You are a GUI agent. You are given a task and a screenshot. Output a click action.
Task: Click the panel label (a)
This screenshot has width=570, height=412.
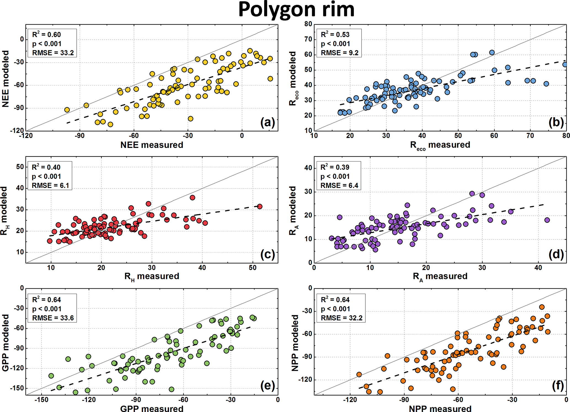click(267, 122)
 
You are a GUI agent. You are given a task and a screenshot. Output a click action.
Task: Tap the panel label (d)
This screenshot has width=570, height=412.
click(556, 254)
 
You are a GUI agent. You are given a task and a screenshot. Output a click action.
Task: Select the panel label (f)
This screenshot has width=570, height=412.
click(558, 386)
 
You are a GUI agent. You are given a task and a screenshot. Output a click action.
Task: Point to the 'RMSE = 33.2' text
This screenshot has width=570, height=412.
click(53, 53)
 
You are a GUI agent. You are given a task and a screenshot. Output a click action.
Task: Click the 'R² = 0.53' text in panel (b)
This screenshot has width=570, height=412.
click(335, 34)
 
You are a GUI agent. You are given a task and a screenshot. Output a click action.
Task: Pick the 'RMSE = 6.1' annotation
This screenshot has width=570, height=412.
click(50, 185)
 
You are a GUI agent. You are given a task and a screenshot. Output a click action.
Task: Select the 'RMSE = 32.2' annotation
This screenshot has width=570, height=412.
click(342, 318)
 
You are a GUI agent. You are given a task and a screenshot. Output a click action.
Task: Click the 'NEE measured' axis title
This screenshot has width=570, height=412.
click(152, 145)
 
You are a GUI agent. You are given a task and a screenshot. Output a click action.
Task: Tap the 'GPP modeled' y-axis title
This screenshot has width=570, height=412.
click(6, 343)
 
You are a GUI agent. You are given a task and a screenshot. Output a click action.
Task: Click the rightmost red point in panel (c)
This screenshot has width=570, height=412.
click(259, 206)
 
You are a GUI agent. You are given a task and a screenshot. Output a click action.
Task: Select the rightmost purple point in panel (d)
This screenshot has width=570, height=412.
click(547, 220)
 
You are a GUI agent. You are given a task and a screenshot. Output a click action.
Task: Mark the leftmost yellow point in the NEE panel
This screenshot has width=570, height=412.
click(67, 110)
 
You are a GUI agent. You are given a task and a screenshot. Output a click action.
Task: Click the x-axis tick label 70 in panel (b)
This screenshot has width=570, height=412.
click(530, 135)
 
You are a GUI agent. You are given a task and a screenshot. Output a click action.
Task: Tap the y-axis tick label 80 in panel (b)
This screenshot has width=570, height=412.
click(308, 24)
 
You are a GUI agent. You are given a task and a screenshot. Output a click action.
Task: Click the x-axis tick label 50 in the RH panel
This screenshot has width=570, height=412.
click(252, 268)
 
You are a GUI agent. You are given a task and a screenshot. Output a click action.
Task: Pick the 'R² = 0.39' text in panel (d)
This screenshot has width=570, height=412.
click(335, 167)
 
